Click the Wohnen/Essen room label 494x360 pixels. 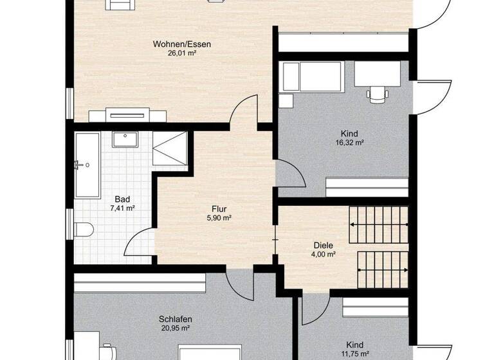click(x=182, y=44)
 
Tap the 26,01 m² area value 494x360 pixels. click(x=182, y=54)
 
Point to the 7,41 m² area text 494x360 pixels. click(x=122, y=208)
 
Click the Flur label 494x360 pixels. click(x=219, y=208)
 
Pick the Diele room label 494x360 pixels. click(x=323, y=244)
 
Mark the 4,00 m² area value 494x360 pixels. click(x=323, y=254)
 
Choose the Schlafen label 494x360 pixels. click(x=176, y=319)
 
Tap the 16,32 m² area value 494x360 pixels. click(x=351, y=143)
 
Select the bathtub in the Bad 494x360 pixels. click(x=86, y=165)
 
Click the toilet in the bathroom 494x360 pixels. click(x=84, y=229)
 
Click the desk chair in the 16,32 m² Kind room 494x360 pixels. click(x=378, y=94)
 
